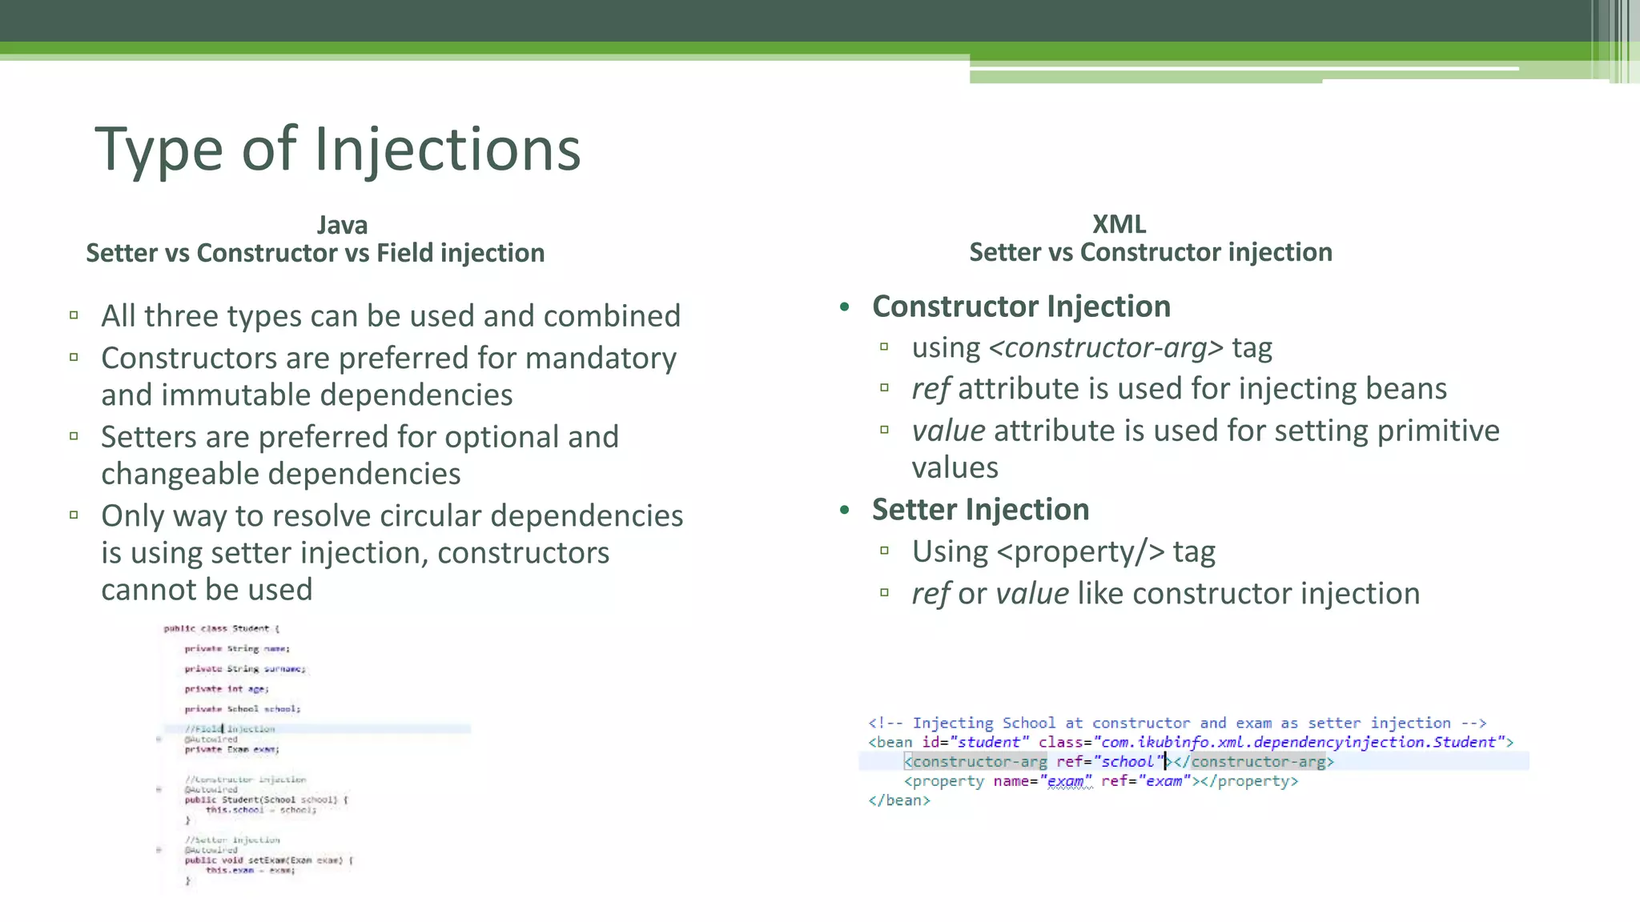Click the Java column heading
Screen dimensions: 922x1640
coord(342,225)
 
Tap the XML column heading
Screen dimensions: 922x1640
coord(1119,224)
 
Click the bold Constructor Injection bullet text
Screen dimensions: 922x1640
coord(1021,307)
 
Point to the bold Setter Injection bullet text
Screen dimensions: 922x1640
coord(980,510)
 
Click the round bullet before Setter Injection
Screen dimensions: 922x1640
coord(844,510)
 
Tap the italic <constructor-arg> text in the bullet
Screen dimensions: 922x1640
coord(1106,348)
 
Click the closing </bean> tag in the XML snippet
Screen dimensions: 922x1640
coord(899,800)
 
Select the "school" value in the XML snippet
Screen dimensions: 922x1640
coord(1127,762)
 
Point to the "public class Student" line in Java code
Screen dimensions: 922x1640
coord(221,629)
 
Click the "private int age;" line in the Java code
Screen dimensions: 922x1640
coord(227,689)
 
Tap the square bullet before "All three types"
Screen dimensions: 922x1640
coord(74,315)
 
